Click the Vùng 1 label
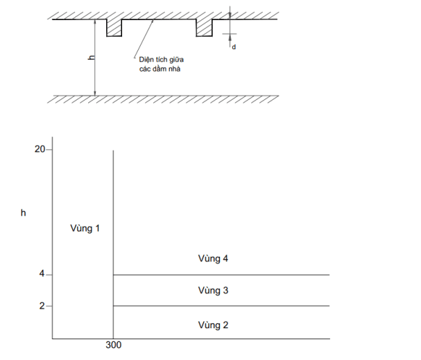tap(85, 228)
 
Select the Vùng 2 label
tap(213, 325)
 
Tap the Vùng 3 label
tap(213, 291)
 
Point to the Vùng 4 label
tap(213, 259)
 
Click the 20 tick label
tap(40, 149)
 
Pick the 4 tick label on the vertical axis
tap(41, 275)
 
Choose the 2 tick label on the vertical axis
tap(41, 306)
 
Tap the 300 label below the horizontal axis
tap(114, 346)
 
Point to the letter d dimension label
tap(234, 46)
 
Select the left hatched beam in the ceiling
tap(114, 28)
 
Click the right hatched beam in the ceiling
tap(204, 28)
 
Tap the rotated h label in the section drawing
tap(92, 59)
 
